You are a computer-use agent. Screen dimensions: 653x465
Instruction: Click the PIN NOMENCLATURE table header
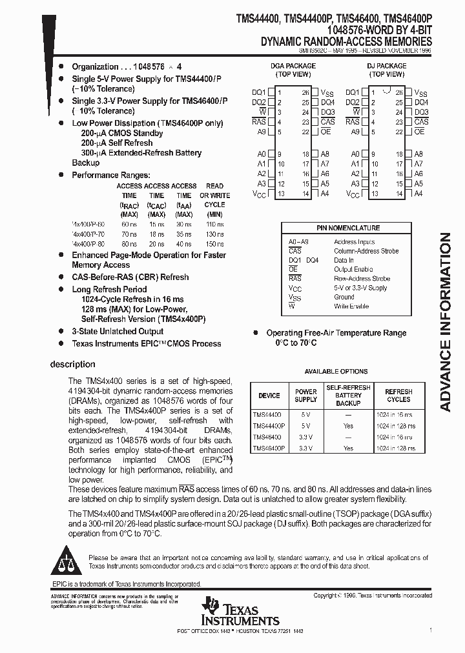click(x=348, y=228)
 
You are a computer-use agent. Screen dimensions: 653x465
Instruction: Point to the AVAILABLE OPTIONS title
click(x=336, y=372)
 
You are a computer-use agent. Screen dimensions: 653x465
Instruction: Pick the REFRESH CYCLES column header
click(x=398, y=395)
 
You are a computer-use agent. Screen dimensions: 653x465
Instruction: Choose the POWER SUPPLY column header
click(x=305, y=395)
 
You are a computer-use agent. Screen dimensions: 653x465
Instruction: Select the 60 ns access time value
click(x=129, y=223)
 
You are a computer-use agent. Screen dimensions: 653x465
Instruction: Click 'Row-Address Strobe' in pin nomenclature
click(x=362, y=279)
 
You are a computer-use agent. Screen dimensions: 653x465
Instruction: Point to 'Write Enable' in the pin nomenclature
click(x=351, y=306)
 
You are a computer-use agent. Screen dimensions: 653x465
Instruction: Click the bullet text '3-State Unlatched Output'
click(x=117, y=332)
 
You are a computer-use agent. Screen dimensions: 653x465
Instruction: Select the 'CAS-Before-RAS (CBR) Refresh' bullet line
click(x=130, y=277)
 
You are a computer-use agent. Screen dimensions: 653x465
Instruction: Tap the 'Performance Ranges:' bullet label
click(x=110, y=175)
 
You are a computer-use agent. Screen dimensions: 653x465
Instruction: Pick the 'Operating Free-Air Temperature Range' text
click(x=336, y=333)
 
